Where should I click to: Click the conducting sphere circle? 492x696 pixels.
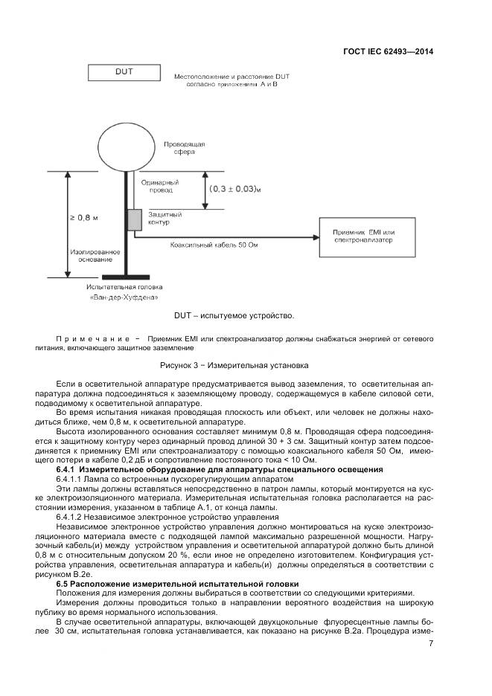click(124, 149)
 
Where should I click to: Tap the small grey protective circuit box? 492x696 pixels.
click(134, 219)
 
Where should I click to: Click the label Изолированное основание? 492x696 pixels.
click(95, 256)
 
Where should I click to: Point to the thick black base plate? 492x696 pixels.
click(124, 277)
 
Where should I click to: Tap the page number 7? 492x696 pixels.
click(431, 643)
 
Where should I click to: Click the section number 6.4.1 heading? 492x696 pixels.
click(68, 470)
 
